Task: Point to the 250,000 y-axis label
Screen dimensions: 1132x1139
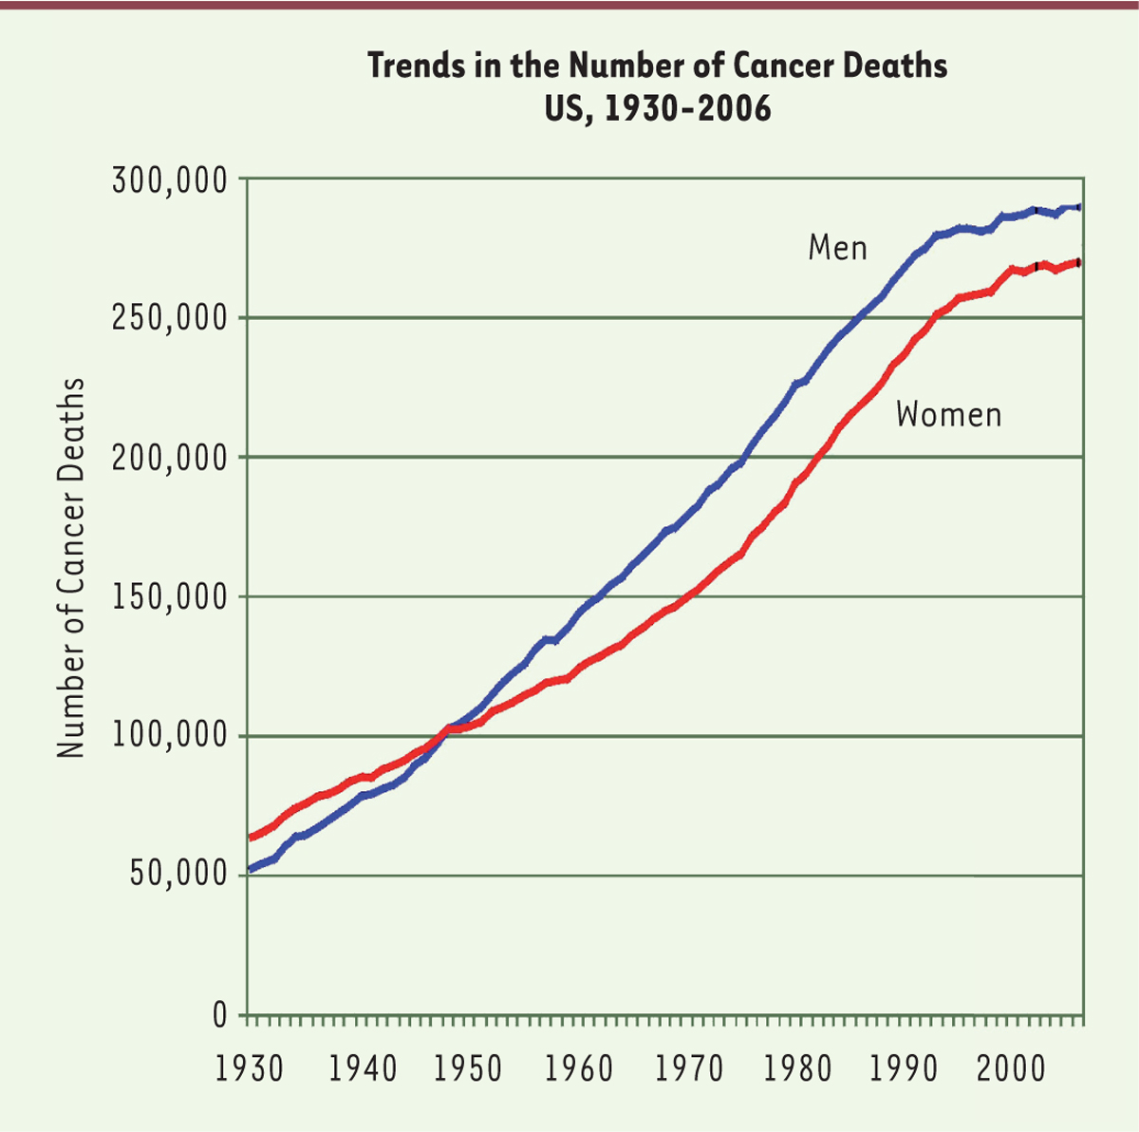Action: pos(171,317)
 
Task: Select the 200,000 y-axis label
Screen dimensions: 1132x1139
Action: pos(171,457)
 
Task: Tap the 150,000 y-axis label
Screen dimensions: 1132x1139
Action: pos(171,596)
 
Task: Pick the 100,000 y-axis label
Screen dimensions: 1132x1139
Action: pos(171,736)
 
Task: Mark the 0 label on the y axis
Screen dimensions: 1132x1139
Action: pos(219,1015)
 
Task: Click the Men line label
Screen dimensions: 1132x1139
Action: pos(838,248)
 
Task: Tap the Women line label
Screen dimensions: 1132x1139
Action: pos(948,415)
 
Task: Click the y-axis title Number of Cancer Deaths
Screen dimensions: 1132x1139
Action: pos(70,568)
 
